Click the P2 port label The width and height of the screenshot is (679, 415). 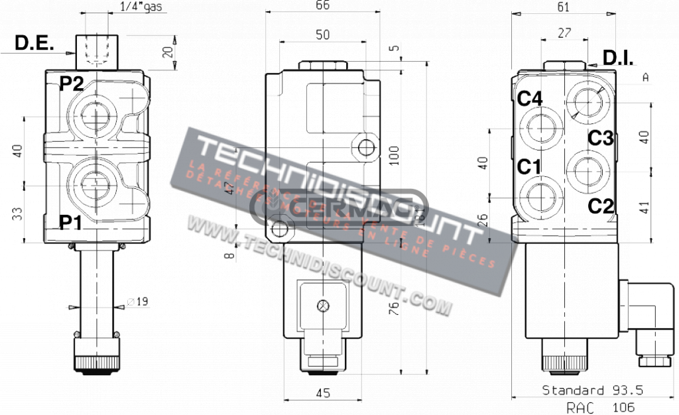[x=72, y=84]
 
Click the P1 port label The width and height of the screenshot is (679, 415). [x=72, y=222]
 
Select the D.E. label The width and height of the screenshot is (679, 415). [x=34, y=44]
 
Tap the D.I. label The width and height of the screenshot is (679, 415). [x=617, y=58]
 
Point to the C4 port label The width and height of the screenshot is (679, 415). [x=530, y=99]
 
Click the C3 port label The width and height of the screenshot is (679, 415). [x=601, y=139]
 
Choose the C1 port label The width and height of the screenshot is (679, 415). [x=529, y=167]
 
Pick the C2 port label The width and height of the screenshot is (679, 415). [x=601, y=206]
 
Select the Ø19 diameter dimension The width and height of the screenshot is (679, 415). [x=137, y=302]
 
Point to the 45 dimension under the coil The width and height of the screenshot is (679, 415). [x=322, y=393]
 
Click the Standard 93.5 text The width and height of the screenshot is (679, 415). [x=593, y=390]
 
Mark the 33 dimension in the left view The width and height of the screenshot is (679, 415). [x=17, y=213]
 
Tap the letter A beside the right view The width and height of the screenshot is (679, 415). [x=645, y=78]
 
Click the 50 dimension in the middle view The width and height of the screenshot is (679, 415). [x=322, y=35]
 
